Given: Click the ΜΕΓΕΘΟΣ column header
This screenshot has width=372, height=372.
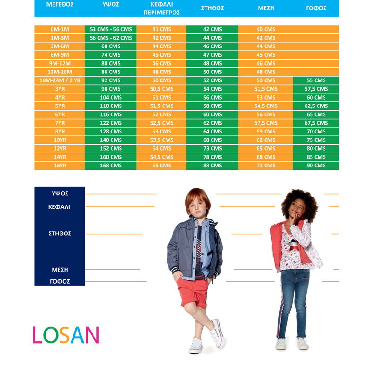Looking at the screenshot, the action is [x=60, y=4].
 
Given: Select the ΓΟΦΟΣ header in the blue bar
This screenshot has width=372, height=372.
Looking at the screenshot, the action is [x=316, y=8].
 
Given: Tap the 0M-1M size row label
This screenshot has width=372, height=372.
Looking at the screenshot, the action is [x=60, y=29].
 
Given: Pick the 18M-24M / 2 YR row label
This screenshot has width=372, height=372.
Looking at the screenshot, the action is [x=60, y=80].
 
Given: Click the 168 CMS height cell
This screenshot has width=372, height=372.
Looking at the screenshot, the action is [x=111, y=166].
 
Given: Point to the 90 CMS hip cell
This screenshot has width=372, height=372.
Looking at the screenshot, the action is [x=316, y=166].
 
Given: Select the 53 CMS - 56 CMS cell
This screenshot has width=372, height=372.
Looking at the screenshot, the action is [x=111, y=29].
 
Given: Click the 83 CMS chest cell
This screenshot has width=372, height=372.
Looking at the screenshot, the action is [x=213, y=166].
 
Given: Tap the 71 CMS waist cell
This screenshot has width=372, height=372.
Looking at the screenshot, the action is [x=266, y=166].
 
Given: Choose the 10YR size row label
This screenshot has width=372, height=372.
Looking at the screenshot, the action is [x=60, y=140].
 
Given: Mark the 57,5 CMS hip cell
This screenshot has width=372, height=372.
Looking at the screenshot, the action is [x=316, y=89].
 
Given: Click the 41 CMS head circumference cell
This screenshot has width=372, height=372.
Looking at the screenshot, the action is [x=161, y=29].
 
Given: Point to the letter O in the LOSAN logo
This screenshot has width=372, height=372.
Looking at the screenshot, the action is [x=51, y=335].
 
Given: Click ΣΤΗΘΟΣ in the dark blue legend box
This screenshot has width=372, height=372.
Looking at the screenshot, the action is [x=60, y=233].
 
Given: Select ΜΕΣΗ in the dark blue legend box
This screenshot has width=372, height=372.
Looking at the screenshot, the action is [x=60, y=270].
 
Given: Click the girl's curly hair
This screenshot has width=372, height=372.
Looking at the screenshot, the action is [x=300, y=202].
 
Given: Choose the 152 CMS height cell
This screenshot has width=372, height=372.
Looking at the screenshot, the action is [x=111, y=148].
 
